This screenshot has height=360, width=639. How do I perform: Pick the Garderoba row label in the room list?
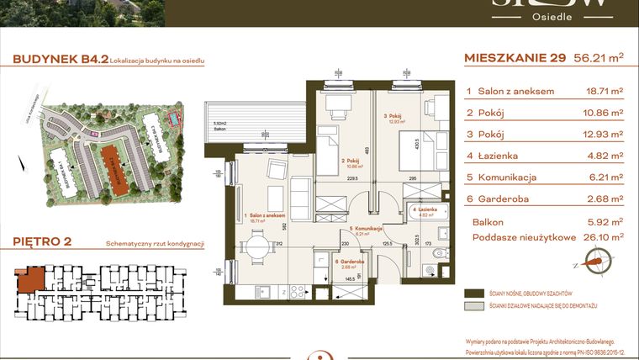click(x=504, y=199)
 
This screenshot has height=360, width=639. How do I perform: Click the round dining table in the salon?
click(x=260, y=247)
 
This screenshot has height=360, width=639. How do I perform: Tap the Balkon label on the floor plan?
click(x=220, y=129)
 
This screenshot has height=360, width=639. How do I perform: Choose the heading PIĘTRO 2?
click(x=42, y=242)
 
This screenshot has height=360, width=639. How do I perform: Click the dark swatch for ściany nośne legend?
click(x=476, y=294)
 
